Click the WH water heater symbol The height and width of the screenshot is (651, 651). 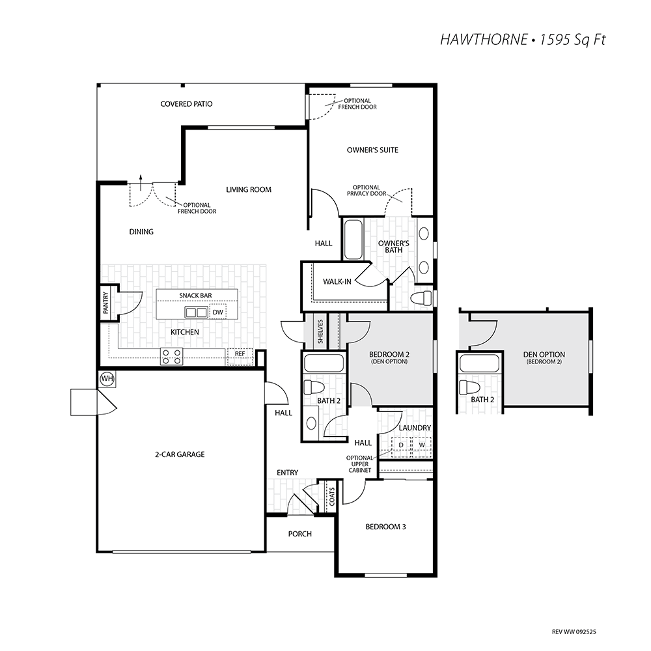point(107,379)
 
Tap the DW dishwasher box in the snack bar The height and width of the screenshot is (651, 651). point(218,312)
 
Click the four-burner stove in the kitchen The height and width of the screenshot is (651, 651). point(172,356)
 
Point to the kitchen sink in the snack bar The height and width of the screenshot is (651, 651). point(196,312)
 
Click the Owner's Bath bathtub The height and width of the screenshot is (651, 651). point(353,240)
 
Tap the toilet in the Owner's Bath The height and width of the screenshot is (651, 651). point(420,298)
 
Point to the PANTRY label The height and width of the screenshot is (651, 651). point(105,302)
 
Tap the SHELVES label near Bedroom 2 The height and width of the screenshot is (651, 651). point(320,331)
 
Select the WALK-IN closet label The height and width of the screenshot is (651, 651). point(337,281)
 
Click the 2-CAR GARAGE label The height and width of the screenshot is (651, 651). point(180,454)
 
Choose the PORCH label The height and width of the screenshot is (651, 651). point(299,534)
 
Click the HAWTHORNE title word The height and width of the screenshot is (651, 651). point(483,40)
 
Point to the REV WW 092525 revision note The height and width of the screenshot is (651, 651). point(574,632)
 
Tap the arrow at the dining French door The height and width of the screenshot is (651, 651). point(141,182)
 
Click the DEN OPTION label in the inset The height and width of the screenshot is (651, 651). point(544,355)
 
